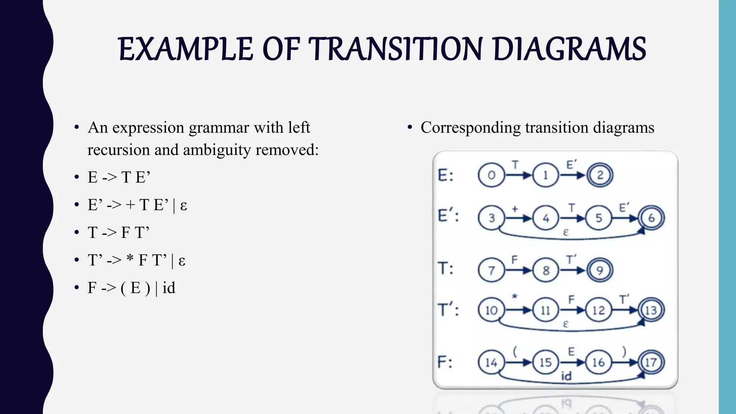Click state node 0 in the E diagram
[x=491, y=175]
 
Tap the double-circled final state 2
[x=599, y=175]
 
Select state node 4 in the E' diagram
[x=546, y=218]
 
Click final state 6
[x=651, y=218]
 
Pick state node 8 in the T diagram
[x=546, y=270]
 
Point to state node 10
[x=491, y=310]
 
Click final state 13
[x=651, y=310]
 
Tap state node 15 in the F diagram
[x=546, y=362]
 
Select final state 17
[x=651, y=362]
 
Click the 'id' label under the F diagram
[x=566, y=376]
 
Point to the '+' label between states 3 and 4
[x=515, y=209]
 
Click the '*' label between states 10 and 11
[x=515, y=297]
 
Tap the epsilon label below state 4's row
[x=566, y=233]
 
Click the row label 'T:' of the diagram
[x=446, y=268]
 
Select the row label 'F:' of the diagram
[x=445, y=362]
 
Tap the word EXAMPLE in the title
[x=185, y=49]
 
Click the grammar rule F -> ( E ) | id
[x=131, y=288]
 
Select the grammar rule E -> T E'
[x=119, y=177]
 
